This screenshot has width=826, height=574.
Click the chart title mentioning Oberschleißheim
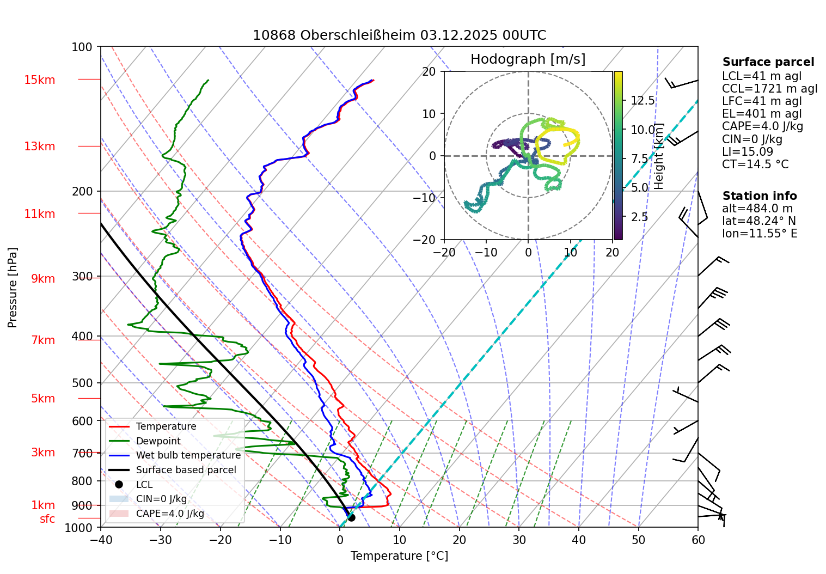click(x=399, y=35)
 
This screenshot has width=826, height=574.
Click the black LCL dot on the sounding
click(x=351, y=517)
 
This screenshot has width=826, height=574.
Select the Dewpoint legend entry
click(x=158, y=441)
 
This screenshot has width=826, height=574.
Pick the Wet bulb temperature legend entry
click(x=188, y=455)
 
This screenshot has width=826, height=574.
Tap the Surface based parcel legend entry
click(x=186, y=470)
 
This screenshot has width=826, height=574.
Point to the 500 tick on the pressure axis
click(x=82, y=383)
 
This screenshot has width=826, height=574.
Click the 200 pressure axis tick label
click(x=82, y=191)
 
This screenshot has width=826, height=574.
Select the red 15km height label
click(x=39, y=80)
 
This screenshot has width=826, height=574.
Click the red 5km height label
click(x=43, y=399)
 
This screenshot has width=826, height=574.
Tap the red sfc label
click(x=47, y=519)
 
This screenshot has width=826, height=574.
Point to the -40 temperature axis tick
click(x=101, y=540)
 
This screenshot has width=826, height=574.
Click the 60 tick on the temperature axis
click(x=698, y=540)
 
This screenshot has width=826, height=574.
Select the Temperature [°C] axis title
click(x=399, y=556)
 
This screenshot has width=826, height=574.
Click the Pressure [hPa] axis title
click(x=13, y=288)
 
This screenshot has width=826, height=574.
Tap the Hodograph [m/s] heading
click(x=528, y=59)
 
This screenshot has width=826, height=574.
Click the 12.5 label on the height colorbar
click(x=643, y=100)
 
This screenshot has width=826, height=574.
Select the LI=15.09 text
click(x=747, y=152)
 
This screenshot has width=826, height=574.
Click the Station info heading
click(x=760, y=196)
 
